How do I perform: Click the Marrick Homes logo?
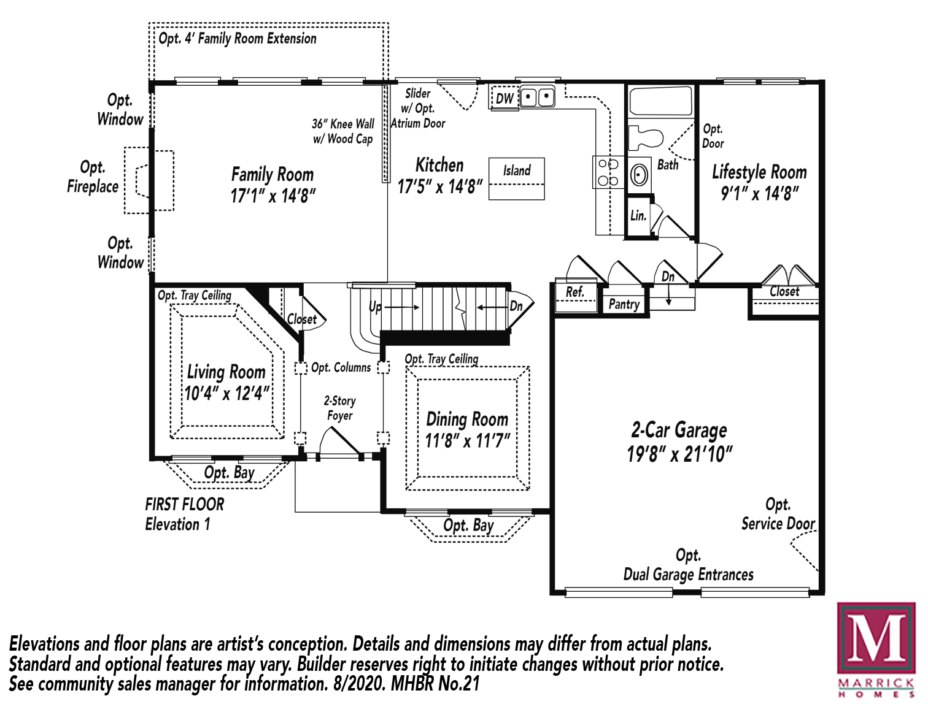click(876, 650)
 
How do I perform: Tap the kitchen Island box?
click(517, 178)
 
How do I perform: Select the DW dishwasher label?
click(505, 98)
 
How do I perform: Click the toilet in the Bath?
click(645, 137)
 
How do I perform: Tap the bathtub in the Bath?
click(661, 101)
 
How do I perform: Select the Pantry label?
click(624, 304)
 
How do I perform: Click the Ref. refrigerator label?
click(575, 291)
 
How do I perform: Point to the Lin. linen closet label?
click(638, 216)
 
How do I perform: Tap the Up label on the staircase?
click(375, 307)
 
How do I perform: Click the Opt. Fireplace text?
click(93, 177)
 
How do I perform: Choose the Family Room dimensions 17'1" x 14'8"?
click(273, 196)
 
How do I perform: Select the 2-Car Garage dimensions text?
click(679, 454)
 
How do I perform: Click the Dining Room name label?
click(467, 419)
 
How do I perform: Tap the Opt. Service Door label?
click(778, 514)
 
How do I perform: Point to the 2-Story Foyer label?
click(340, 408)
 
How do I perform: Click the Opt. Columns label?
click(341, 367)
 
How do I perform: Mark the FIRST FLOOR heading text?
click(185, 504)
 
